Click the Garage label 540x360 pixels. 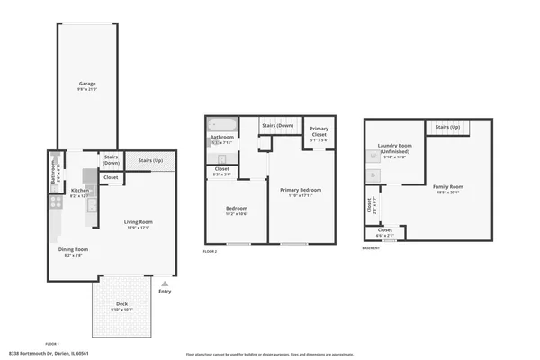tap(86, 84)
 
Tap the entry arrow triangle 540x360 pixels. tap(164, 283)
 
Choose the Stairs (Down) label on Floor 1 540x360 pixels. tap(112, 160)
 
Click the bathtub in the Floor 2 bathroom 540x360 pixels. tap(220, 126)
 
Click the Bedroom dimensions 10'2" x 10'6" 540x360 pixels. tap(236, 213)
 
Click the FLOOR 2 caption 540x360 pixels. tap(211, 252)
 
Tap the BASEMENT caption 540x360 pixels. tap(371, 248)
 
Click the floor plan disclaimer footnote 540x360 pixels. tap(269, 354)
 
